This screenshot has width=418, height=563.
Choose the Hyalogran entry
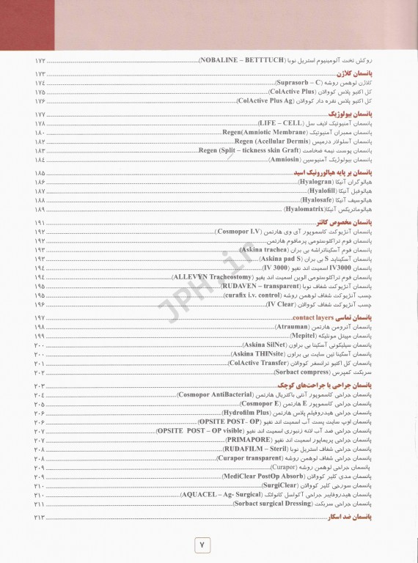click(x=316, y=181)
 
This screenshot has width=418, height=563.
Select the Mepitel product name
click(x=307, y=334)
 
